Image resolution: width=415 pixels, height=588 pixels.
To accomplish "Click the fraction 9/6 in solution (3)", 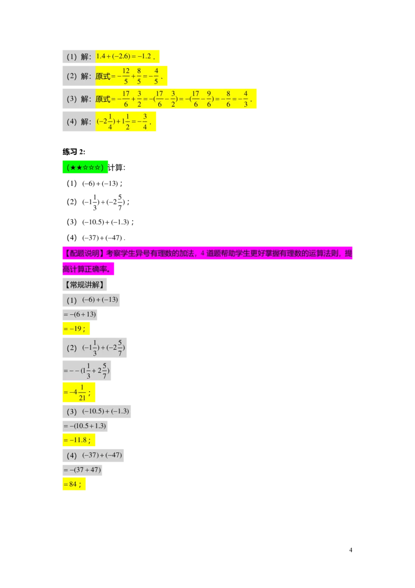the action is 209,99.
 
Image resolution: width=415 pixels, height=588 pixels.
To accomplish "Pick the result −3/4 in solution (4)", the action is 144,122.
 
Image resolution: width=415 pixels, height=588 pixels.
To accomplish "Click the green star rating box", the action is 86,167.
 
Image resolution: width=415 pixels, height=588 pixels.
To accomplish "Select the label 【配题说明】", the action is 84,253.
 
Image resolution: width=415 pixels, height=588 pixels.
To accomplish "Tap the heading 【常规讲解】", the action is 85,285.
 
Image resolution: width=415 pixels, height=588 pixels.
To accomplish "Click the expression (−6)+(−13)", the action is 100,300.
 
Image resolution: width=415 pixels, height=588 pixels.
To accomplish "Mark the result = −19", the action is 75,329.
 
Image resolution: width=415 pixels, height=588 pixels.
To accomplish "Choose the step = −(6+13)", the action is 80,314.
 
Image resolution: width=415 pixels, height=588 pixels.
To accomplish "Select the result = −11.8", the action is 78,440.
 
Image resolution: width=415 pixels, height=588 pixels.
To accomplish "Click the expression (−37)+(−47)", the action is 102,456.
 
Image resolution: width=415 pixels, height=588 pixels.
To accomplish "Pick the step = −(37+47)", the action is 82,470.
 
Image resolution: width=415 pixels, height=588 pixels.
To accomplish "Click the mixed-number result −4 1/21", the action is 78,393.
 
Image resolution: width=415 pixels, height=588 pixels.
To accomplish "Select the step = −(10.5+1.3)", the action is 85,426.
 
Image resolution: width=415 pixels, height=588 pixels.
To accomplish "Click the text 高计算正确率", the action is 88,270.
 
